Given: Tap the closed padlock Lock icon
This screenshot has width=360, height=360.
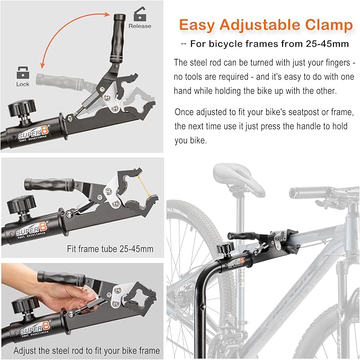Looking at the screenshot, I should pyautogui.click(x=23, y=72).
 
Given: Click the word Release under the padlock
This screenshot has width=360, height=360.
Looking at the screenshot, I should pyautogui.click(x=140, y=26).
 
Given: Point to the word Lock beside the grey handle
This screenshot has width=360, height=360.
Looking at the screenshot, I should pyautogui.click(x=23, y=84).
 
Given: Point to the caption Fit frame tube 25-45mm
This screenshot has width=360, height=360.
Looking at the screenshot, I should pyautogui.click(x=110, y=248).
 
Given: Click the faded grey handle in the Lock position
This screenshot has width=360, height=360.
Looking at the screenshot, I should pyautogui.click(x=58, y=80).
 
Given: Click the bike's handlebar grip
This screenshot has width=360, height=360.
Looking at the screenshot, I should pyautogui.click(x=305, y=191).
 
